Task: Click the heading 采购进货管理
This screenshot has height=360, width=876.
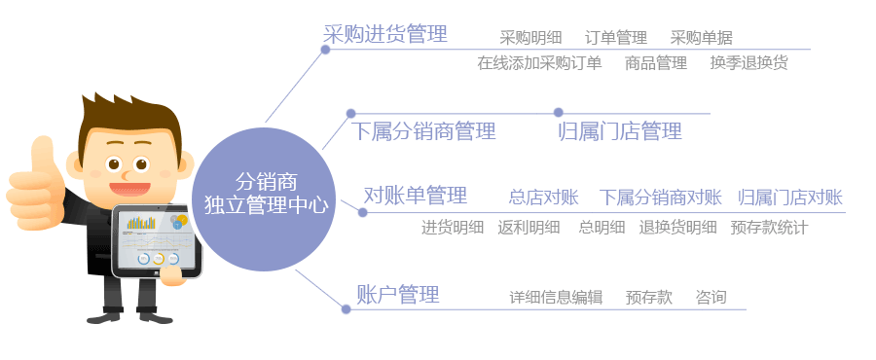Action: pos(385,35)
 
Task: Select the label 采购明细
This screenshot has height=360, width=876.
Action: pos(530,38)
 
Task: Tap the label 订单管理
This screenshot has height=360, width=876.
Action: pos(616,38)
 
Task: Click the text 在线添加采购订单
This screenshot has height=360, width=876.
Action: pos(539,63)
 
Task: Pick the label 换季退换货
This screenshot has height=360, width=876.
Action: pos(748,63)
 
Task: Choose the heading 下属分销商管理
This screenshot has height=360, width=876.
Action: pos(424,131)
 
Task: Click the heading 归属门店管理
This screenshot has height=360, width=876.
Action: pos(620,131)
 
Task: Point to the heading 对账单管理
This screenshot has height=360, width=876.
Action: pos(416,196)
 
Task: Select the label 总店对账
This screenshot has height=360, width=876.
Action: pos(543,198)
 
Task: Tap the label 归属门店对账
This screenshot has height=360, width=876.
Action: pos(789,198)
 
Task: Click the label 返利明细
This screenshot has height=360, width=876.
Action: pos(529,228)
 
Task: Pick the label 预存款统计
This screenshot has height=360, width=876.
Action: pos(769,228)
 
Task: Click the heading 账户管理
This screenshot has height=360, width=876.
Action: pos(398,294)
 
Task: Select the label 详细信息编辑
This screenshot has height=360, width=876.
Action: pos(556,298)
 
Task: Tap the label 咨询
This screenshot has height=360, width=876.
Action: pos(711,298)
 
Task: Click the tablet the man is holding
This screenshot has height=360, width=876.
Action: pos(157,239)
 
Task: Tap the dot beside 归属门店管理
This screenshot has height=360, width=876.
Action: pos(558,113)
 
